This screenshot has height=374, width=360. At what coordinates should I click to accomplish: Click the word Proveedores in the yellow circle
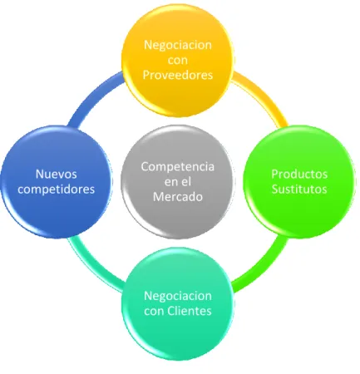point(178,75)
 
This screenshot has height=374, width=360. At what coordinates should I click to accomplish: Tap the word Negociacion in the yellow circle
point(178,45)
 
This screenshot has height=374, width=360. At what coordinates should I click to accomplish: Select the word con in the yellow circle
point(178,60)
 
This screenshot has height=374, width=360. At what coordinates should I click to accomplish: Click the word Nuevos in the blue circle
point(57,175)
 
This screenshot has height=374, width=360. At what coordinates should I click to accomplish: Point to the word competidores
point(57,189)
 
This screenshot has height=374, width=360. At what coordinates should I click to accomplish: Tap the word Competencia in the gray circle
point(178,167)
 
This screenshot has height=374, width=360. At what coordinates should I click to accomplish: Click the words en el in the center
point(178,182)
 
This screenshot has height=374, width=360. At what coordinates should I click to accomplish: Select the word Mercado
point(178,197)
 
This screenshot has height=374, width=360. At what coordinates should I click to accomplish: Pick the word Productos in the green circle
point(299,175)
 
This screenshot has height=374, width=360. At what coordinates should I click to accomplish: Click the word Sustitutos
point(299,189)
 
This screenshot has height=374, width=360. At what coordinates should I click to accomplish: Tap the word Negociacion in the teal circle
point(178,296)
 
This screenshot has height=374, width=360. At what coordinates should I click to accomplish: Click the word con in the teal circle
point(154,312)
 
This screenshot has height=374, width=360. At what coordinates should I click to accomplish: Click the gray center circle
point(178,182)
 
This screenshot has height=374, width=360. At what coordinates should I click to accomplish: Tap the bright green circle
point(299,182)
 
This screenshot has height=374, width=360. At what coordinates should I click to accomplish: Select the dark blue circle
point(57,182)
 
